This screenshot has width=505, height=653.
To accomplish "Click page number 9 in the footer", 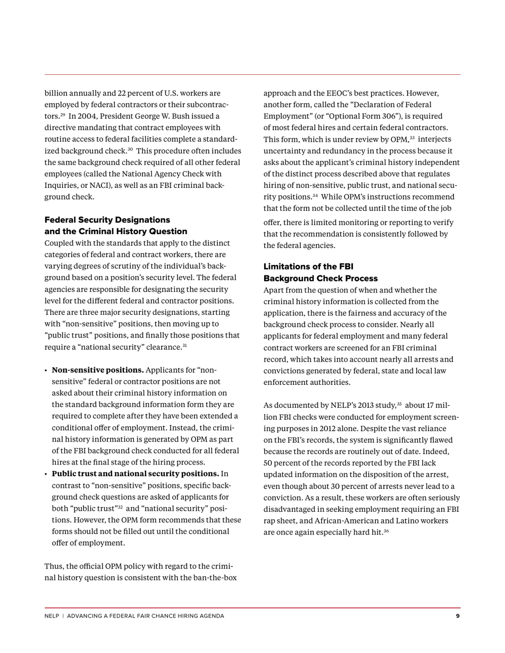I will [x=458, y=616].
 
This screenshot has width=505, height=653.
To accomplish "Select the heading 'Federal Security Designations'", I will [x=107, y=220].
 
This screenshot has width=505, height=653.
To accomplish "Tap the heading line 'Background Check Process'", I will [x=321, y=278].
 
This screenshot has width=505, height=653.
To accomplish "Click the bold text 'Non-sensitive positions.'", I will [x=98, y=370].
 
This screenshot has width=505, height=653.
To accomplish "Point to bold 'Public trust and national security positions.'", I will [x=135, y=474].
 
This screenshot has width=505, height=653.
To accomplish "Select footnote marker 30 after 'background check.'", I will [x=130, y=149].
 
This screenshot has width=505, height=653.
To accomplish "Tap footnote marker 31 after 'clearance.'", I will [x=184, y=346].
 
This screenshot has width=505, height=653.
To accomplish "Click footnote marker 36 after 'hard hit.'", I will [x=386, y=530].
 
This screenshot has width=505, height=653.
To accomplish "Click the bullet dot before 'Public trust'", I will [x=46, y=474].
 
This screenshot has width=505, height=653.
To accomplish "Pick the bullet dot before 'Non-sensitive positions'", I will [x=46, y=371].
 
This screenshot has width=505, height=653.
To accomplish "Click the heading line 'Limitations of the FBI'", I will [x=308, y=267].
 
